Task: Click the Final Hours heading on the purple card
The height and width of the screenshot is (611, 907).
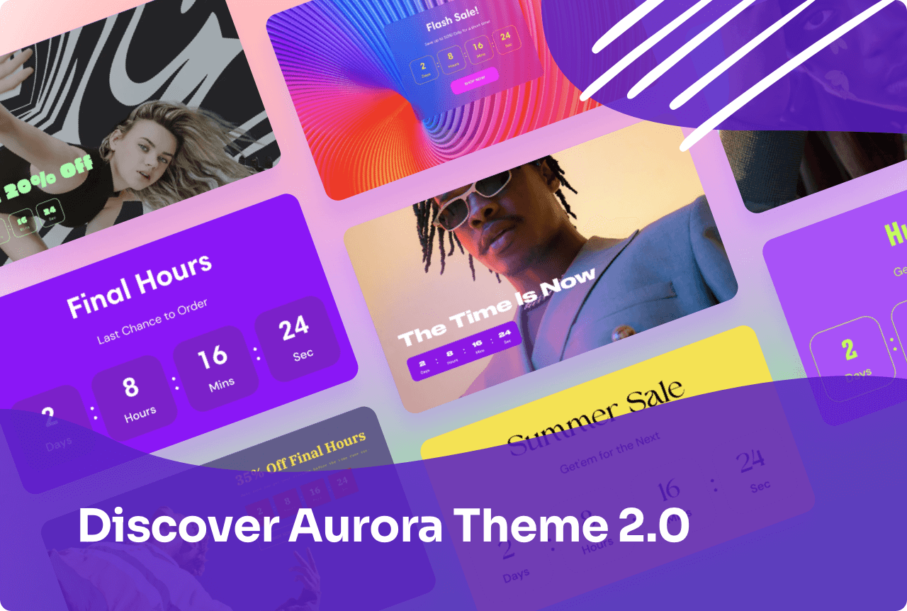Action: tap(140, 284)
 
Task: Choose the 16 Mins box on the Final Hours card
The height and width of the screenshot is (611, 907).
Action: tap(215, 366)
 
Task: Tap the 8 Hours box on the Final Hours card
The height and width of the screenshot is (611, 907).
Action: tap(133, 396)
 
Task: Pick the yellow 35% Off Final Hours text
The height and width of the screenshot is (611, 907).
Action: tap(300, 454)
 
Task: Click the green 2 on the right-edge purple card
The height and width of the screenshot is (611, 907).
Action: tap(850, 349)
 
